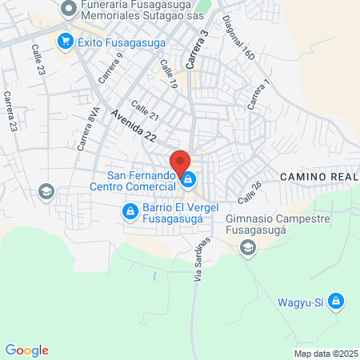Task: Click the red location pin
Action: [x=181, y=160]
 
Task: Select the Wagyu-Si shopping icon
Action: [x=337, y=301]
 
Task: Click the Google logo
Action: [x=26, y=350]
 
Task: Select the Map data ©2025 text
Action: [x=324, y=353]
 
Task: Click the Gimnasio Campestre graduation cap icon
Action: [x=248, y=249]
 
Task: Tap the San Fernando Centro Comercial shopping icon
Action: [x=188, y=180]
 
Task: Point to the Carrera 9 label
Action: [x=110, y=67]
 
